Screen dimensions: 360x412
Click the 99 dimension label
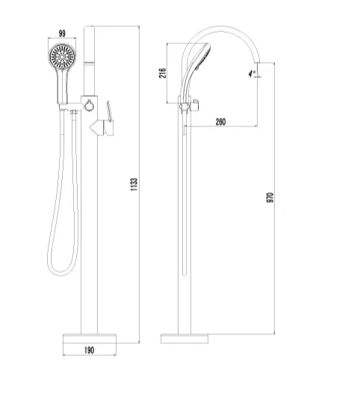click(x=62, y=34)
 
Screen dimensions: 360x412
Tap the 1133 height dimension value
click(x=134, y=185)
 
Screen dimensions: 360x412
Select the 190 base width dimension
click(x=89, y=350)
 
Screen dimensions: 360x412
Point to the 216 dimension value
click(x=163, y=73)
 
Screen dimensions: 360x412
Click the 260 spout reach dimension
click(x=220, y=122)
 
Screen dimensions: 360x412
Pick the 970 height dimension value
click(x=270, y=197)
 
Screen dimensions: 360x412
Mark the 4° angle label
click(x=252, y=73)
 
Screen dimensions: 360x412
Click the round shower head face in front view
click(x=62, y=57)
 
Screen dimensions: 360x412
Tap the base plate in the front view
click(x=90, y=339)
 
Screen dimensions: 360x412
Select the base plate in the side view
click(x=184, y=339)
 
